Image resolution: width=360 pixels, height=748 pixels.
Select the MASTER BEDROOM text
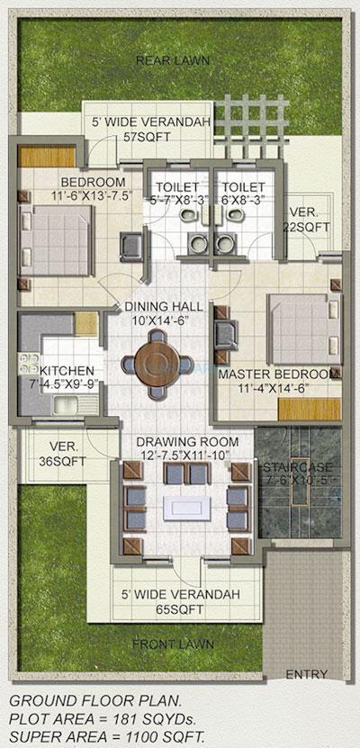(277, 374)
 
